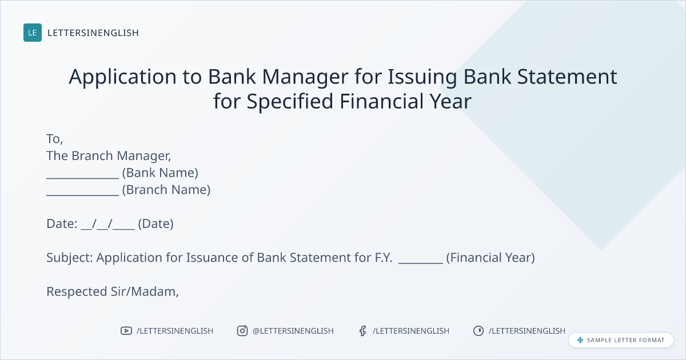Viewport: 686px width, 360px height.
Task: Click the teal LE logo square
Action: [33, 33]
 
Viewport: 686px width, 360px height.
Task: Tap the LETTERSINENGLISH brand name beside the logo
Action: [93, 33]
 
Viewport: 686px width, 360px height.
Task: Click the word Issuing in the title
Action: [422, 77]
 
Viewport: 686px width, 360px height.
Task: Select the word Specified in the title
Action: [290, 101]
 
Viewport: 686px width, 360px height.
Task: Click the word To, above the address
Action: [54, 139]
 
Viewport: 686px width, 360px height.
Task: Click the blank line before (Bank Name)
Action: [82, 178]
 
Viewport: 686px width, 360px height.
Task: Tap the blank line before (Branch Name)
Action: [82, 195]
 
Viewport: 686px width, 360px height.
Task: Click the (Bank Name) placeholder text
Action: [160, 173]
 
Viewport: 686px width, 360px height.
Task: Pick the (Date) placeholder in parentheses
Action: [155, 224]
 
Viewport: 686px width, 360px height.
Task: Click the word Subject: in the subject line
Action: [70, 258]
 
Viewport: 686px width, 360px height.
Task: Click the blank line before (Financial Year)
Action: [421, 263]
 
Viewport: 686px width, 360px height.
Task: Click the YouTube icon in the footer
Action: [126, 331]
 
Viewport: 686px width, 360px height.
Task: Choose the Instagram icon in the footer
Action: [242, 331]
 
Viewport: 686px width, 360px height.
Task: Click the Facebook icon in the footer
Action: [362, 331]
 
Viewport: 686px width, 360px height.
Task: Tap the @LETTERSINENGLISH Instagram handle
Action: [293, 331]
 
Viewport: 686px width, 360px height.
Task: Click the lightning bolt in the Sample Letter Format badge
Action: [580, 340]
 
